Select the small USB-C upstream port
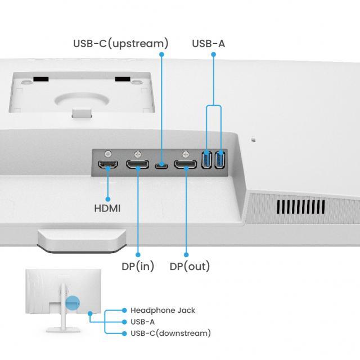pyautogui.click(x=162, y=165)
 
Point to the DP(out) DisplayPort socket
pyautogui.click(x=185, y=165)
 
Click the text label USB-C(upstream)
pyautogui.click(x=120, y=43)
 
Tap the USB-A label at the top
pyautogui.click(x=208, y=43)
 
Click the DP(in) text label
pyautogui.click(x=138, y=266)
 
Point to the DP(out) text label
pyautogui.click(x=190, y=266)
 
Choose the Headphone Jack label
pyautogui.click(x=163, y=310)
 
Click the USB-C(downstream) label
pyautogui.click(x=170, y=334)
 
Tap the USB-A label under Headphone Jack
pyautogui.click(x=142, y=322)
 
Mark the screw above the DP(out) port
pyautogui.click(x=185, y=152)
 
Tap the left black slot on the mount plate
pyautogui.click(x=38, y=79)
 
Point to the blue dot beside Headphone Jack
pyautogui.click(x=124, y=310)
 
